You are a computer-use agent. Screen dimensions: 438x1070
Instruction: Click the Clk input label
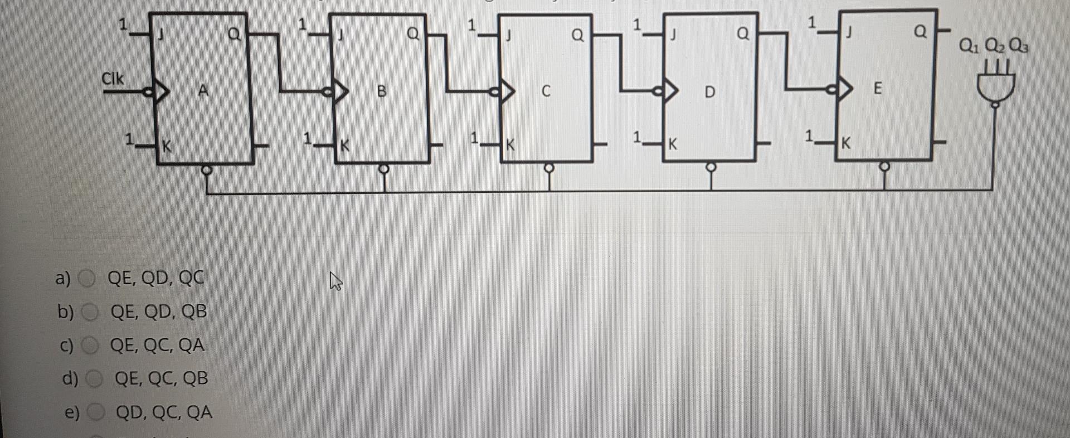(x=113, y=79)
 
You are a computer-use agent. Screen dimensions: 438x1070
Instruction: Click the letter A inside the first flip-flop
(x=203, y=90)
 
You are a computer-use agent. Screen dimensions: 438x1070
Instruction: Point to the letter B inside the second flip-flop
(x=382, y=91)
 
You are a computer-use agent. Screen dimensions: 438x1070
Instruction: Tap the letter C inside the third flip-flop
(x=546, y=91)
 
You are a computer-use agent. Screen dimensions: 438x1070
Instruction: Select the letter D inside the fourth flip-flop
(x=709, y=91)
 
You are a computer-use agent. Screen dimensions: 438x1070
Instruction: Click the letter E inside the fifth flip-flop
(x=878, y=89)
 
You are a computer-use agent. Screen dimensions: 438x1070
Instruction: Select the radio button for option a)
(x=87, y=278)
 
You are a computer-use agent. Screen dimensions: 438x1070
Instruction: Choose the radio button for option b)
(x=90, y=312)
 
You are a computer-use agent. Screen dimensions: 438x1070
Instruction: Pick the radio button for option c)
(x=90, y=346)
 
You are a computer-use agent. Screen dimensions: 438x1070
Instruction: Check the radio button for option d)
(x=95, y=379)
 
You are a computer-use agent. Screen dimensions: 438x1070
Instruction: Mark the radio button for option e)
(x=97, y=413)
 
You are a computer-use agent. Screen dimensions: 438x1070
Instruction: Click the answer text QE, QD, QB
(x=159, y=312)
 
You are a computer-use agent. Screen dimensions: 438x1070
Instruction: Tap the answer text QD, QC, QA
(x=164, y=413)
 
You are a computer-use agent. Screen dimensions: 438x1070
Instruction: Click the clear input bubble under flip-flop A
(x=206, y=169)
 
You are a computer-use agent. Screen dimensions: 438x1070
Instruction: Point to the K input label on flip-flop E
(x=846, y=143)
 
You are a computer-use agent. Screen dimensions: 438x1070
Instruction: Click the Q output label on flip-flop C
(x=578, y=36)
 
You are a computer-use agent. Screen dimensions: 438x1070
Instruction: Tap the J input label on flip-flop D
(x=673, y=35)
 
